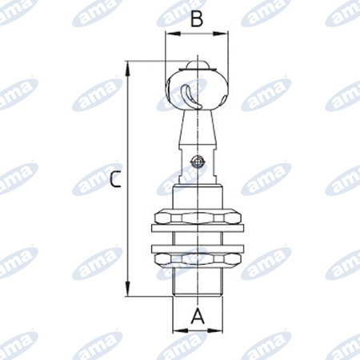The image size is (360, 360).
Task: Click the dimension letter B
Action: pos(197,19)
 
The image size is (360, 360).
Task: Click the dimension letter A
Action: pos(198,316)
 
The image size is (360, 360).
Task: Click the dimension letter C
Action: pos(116,179)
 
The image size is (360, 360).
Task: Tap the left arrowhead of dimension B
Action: pos(173,34)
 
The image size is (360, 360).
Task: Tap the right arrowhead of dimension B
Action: pos(221,34)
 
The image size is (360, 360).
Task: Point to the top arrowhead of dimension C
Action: pos(128,69)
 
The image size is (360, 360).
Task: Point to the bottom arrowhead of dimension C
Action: pos(128,288)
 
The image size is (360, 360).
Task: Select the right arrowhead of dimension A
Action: pos(214,330)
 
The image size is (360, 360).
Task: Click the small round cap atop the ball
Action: pos(197,65)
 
